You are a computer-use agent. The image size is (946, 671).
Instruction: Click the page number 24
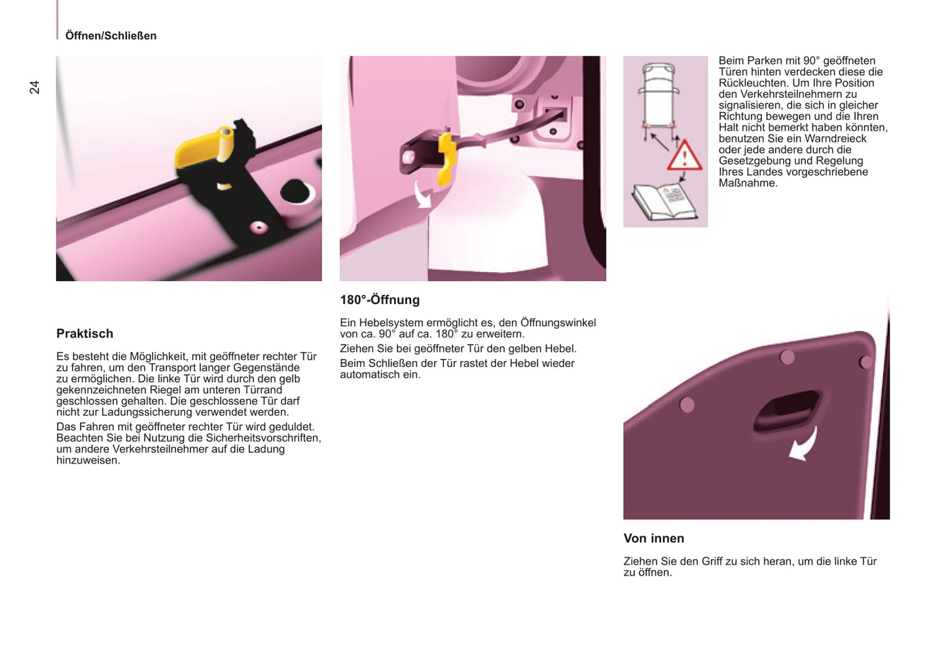(34, 88)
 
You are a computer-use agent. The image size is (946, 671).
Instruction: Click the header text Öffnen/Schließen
(111, 36)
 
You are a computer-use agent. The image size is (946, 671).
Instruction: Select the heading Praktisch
(85, 334)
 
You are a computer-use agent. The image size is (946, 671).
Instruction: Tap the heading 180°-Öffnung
(380, 300)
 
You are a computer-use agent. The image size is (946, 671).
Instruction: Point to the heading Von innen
(654, 538)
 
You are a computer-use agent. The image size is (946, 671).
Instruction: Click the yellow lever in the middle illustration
(446, 159)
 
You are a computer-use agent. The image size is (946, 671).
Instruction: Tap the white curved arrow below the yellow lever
(423, 195)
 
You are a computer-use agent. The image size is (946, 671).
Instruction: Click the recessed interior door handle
(786, 411)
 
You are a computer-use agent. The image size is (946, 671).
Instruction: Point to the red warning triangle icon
(685, 156)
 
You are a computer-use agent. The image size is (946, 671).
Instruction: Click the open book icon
(664, 201)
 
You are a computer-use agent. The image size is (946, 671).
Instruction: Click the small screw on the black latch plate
(259, 227)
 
